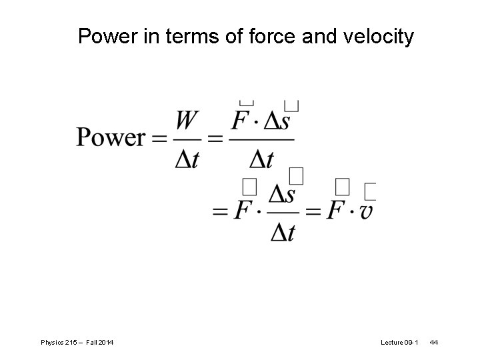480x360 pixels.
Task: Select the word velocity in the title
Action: coord(377,37)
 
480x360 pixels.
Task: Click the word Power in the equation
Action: coord(111,138)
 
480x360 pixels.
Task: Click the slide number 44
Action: coord(434,342)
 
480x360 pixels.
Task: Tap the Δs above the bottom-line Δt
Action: coord(282,195)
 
